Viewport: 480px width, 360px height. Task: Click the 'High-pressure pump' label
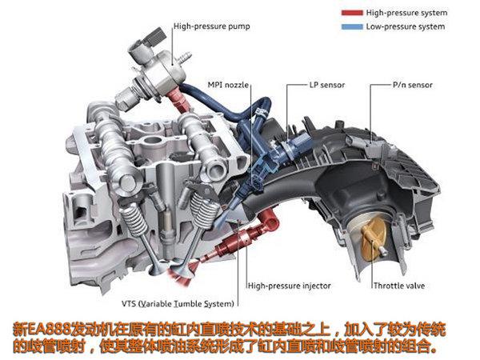click(x=211, y=26)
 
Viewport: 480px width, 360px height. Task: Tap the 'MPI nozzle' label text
click(x=228, y=85)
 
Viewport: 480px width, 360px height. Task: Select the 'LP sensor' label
click(x=327, y=85)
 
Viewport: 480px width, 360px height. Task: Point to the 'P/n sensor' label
click(x=412, y=85)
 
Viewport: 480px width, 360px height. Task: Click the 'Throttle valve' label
click(x=399, y=286)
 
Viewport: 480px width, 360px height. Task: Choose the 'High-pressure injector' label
click(x=290, y=286)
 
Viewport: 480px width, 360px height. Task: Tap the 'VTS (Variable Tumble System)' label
click(x=178, y=304)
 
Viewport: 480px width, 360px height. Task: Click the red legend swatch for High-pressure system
click(x=352, y=13)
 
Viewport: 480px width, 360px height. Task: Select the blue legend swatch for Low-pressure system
click(x=352, y=26)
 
